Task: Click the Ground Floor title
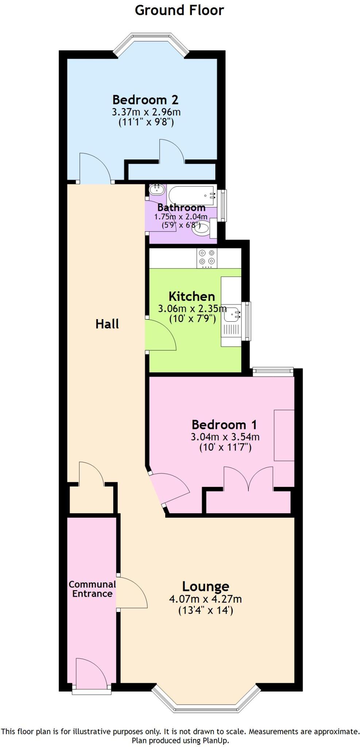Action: tap(179, 10)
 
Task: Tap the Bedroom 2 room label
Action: tap(145, 100)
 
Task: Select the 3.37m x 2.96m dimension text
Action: tap(146, 112)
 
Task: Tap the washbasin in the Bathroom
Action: tap(157, 189)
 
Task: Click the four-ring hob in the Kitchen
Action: tap(207, 258)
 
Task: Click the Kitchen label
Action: tap(191, 296)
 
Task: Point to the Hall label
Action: tap(107, 324)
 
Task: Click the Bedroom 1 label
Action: tap(224, 425)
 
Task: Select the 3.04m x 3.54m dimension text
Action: tap(225, 437)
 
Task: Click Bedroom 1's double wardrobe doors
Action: tap(248, 478)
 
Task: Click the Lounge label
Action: tap(205, 587)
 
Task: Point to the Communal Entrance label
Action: tap(92, 589)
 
